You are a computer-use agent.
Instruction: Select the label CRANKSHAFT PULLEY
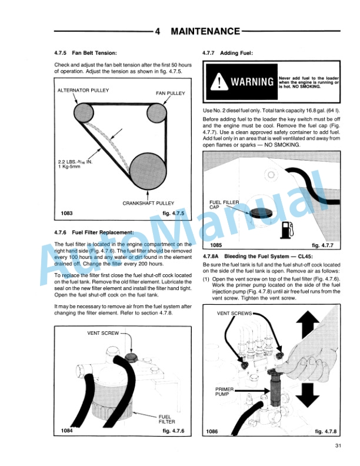148,203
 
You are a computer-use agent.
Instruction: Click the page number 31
337,445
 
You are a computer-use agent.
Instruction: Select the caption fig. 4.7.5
173,213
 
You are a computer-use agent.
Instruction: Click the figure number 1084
67,431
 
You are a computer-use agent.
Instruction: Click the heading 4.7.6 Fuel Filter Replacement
94,232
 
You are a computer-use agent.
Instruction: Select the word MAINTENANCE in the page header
205,31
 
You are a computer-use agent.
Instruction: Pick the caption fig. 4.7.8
326,431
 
